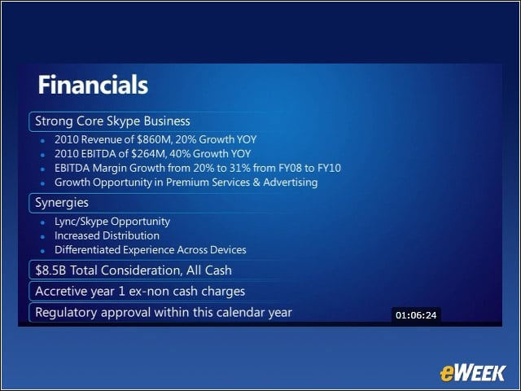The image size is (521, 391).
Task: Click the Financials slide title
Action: [x=93, y=85]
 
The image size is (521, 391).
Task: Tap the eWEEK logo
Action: [x=473, y=373]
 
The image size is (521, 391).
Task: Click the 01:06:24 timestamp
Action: [x=416, y=315]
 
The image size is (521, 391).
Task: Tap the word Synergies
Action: [x=62, y=203]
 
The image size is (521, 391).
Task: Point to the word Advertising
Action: [x=291, y=182]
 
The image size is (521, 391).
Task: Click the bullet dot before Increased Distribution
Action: [x=42, y=237]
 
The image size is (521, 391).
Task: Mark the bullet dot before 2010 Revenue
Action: [x=42, y=141]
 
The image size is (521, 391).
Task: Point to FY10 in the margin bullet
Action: [x=329, y=168]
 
